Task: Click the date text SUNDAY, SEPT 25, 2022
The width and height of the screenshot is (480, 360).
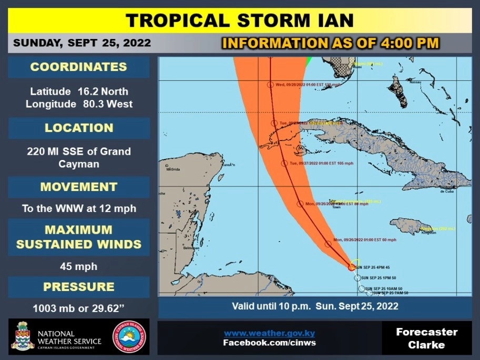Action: pos(82,43)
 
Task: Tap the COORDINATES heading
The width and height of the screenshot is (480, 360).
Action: pos(78,67)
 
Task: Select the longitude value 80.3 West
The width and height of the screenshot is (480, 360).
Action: pos(108,104)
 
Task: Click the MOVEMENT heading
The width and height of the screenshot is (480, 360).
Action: pos(78,187)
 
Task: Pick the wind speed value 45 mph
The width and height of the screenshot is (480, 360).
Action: pos(78,266)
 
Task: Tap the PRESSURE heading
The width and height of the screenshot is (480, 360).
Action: pos(78,287)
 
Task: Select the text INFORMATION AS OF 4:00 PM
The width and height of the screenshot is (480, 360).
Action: pos(331,43)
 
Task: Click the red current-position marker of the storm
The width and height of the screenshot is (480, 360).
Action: pos(352,267)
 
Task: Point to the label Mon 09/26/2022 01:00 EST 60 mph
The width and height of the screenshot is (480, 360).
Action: pos(364,240)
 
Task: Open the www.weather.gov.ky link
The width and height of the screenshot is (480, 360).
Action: pos(269,333)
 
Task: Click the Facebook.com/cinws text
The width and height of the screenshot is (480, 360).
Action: pos(269,343)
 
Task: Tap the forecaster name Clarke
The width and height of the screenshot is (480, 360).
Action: pos(427,345)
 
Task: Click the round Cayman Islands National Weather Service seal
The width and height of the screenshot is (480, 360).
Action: pos(129,336)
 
